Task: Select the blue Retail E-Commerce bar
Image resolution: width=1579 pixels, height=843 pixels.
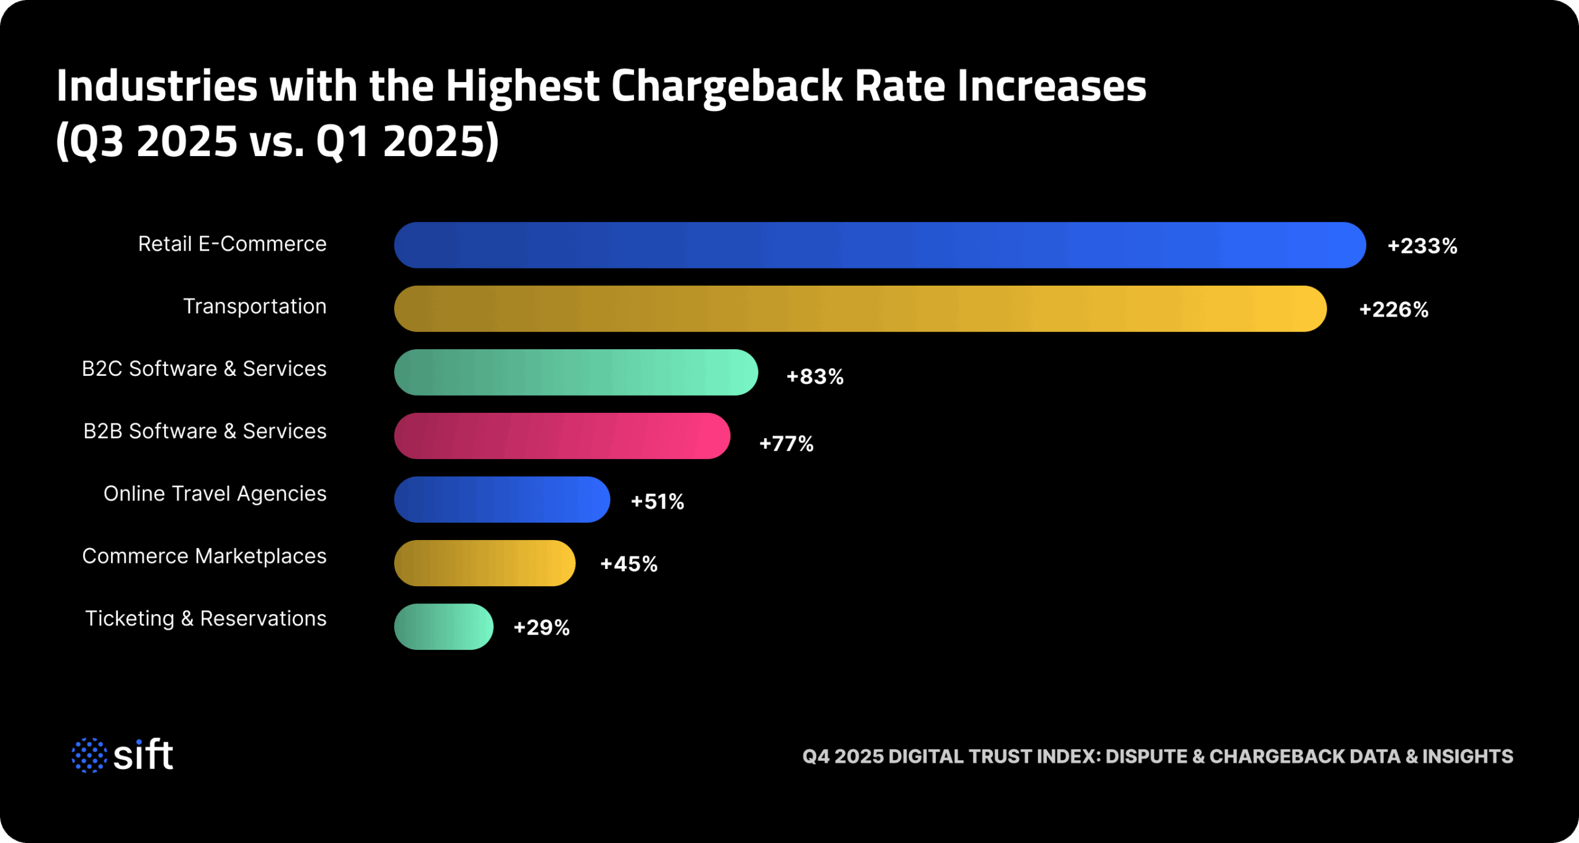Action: (x=880, y=245)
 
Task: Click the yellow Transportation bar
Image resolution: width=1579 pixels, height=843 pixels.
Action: (x=860, y=309)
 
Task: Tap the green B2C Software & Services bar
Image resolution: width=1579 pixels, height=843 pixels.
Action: (x=575, y=372)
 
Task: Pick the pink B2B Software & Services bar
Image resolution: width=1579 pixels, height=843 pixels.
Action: (x=562, y=436)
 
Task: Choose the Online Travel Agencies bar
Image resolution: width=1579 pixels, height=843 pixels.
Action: (x=501, y=499)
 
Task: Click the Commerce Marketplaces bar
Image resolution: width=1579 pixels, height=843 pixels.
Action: (x=484, y=563)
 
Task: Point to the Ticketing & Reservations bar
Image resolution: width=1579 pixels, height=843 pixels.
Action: (x=443, y=626)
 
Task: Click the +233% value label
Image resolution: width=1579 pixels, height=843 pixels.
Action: (x=1422, y=246)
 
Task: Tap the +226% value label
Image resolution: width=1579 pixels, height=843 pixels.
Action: (x=1393, y=310)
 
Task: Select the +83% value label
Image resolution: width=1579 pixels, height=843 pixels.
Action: (x=815, y=376)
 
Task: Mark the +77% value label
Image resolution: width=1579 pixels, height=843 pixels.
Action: (x=786, y=443)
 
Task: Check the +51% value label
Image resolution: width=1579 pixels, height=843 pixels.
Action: (x=658, y=501)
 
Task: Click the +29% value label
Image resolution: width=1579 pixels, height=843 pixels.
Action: (x=542, y=628)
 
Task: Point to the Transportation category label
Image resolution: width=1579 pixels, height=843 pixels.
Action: (x=255, y=306)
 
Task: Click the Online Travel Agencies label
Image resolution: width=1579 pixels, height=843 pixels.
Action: (x=215, y=494)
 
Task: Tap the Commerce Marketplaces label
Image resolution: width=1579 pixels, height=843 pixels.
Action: (x=204, y=556)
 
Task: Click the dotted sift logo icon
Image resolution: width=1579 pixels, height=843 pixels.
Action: (x=89, y=755)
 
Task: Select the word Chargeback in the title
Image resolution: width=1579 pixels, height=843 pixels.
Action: (x=726, y=86)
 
